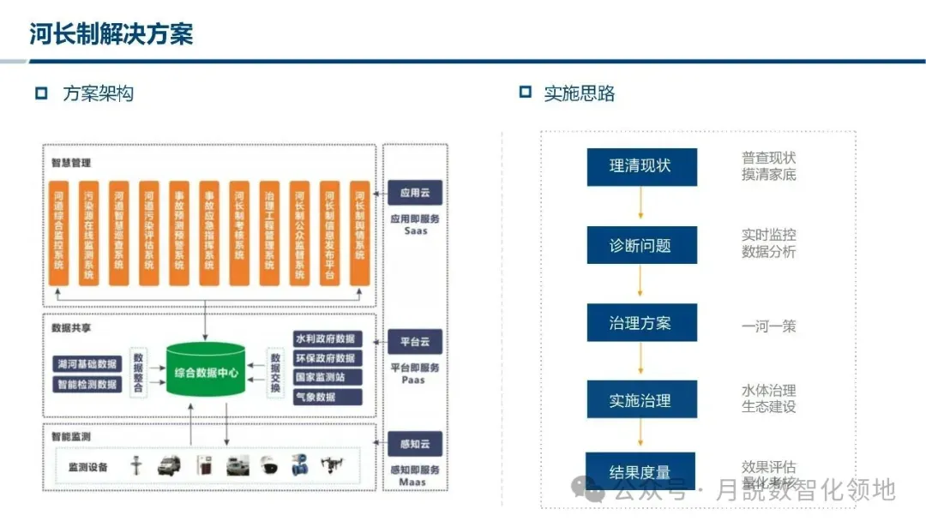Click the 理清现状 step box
click(641, 167)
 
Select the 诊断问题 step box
click(641, 245)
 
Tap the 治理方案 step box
click(641, 323)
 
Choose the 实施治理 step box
click(641, 400)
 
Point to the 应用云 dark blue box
click(414, 193)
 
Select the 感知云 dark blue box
click(414, 446)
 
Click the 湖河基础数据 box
click(87, 365)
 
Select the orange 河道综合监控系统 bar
click(58, 232)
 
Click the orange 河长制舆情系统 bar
click(359, 232)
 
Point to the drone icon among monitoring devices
click(332, 466)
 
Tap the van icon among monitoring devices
click(169, 466)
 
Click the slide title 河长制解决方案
click(111, 33)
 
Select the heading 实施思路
click(580, 93)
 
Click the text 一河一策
click(768, 326)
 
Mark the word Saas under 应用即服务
click(414, 231)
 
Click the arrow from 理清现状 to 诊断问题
click(640, 206)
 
